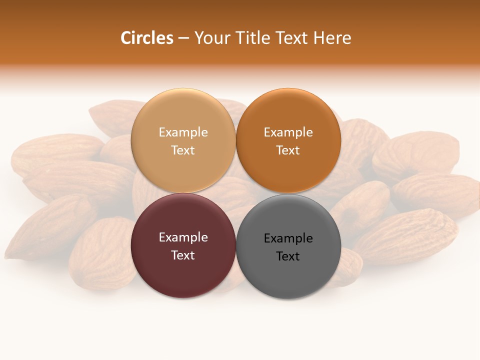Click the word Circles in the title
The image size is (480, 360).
[146, 38]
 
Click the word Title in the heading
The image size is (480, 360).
[249, 38]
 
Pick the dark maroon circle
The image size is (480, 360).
[183, 272]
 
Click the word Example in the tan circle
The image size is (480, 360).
[183, 132]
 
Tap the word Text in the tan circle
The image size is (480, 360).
[183, 150]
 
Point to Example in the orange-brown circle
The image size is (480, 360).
[288, 132]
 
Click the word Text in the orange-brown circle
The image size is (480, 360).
[288, 150]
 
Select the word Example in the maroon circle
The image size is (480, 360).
[183, 237]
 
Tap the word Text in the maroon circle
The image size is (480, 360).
[183, 255]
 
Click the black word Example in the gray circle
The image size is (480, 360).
[288, 238]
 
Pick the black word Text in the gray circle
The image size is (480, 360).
[288, 256]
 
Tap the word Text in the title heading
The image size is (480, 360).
[290, 38]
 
